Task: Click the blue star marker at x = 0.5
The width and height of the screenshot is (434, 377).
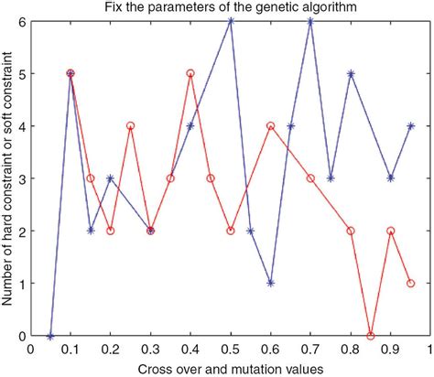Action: (231, 20)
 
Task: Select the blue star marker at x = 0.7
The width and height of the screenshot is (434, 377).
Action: (310, 20)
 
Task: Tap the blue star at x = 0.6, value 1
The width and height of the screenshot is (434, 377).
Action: (270, 284)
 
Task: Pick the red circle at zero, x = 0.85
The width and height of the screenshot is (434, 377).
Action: (371, 336)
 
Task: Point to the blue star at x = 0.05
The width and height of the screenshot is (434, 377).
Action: (50, 336)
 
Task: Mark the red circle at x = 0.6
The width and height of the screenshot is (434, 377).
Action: (270, 125)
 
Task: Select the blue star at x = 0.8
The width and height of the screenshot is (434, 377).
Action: (351, 73)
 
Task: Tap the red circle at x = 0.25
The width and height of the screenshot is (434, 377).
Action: (130, 125)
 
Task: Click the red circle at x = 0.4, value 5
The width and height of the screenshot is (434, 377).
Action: (190, 73)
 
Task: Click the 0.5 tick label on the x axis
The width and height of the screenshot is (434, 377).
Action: (231, 350)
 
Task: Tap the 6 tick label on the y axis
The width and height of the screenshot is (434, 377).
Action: (22, 20)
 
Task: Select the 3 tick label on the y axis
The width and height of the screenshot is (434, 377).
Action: (22, 178)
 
